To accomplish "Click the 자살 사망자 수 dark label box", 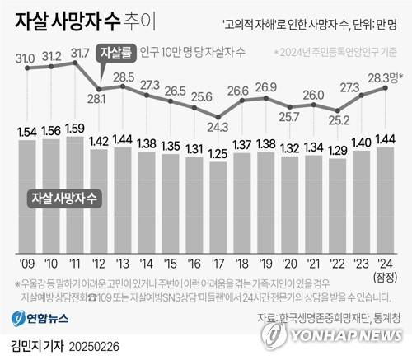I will [63, 198].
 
